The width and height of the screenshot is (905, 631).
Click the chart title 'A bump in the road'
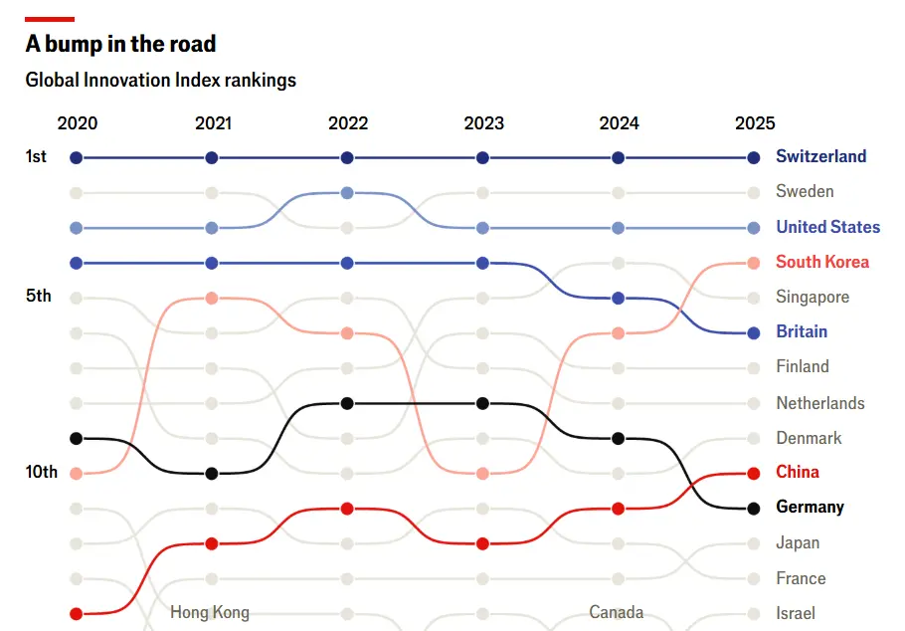120,44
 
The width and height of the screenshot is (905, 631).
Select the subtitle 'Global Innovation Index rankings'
160,80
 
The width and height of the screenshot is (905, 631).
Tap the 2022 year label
347,123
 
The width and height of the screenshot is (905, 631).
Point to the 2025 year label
754,123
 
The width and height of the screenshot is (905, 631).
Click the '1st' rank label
36,156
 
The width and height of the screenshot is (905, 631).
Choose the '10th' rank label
40,472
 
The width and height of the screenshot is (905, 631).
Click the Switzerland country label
820,156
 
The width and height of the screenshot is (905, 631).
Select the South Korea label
821,262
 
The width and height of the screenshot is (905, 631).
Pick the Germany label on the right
810,507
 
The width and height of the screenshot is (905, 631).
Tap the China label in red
798,472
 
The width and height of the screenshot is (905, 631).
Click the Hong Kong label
210,612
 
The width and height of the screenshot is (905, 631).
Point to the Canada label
616,612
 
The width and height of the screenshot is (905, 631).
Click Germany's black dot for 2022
347,403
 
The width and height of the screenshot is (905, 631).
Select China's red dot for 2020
77,613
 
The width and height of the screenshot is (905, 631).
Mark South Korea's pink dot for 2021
212,298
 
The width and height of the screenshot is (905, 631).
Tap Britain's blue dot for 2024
619,298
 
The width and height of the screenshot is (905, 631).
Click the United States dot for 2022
347,193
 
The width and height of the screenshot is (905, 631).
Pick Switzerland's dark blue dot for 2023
482,157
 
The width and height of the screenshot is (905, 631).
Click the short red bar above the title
50,19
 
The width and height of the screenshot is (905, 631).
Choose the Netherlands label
820,403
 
